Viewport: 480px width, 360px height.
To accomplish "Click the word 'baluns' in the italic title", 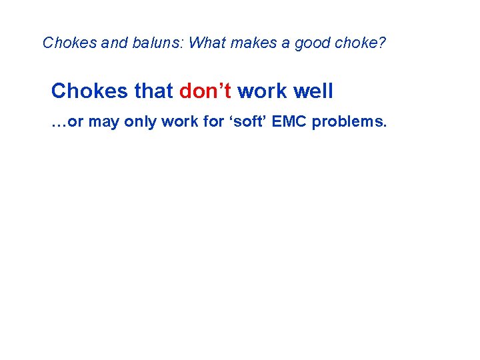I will click(161, 43).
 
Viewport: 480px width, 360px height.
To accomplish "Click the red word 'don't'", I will click(205, 91).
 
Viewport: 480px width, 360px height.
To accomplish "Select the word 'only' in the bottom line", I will click(143, 123).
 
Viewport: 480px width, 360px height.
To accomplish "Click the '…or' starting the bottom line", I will click(67, 123).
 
